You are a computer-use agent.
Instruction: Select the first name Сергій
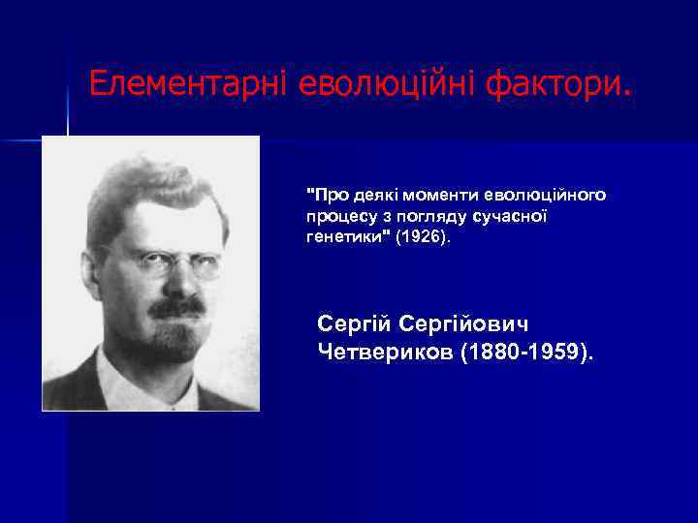[354, 322]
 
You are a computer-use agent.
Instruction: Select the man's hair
[155, 184]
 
